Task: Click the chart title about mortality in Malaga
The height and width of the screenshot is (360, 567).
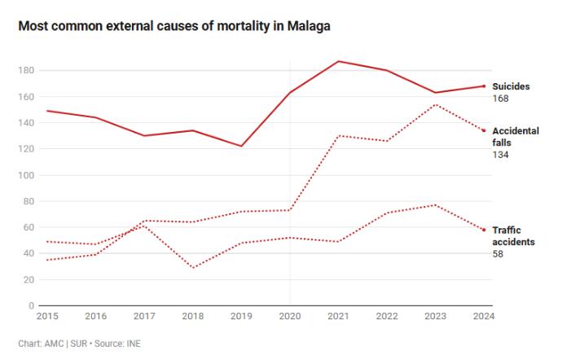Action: (x=174, y=27)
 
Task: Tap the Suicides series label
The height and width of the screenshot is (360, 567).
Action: (x=511, y=86)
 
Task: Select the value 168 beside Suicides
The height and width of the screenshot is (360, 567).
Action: (x=500, y=99)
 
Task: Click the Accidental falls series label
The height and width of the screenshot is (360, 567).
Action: (x=515, y=136)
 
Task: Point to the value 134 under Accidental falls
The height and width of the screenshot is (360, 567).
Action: (x=500, y=155)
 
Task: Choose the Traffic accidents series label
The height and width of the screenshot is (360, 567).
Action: (x=513, y=236)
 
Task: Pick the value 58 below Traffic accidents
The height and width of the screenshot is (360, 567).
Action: (x=497, y=254)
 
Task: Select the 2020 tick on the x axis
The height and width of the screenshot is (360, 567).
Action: (x=289, y=316)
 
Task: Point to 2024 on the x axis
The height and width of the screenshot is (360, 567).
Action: (x=483, y=316)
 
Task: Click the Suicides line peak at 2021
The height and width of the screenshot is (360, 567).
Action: (x=337, y=61)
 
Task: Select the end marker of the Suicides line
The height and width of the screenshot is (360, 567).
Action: (x=484, y=86)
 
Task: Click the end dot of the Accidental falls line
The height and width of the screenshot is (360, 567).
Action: (x=484, y=130)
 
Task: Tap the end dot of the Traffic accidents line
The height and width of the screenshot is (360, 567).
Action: (x=484, y=230)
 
